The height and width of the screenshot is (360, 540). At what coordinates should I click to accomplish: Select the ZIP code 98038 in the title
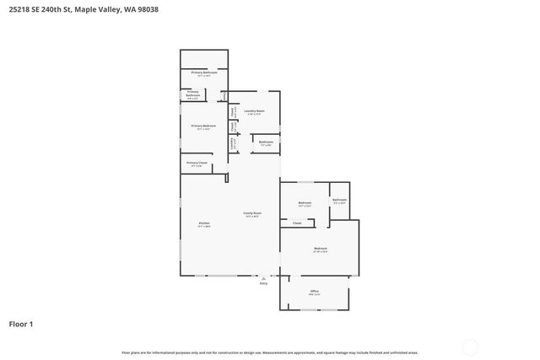click(x=145, y=9)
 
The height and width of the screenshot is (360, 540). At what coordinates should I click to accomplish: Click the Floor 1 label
click(x=21, y=324)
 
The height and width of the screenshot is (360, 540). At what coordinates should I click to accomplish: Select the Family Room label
click(x=253, y=214)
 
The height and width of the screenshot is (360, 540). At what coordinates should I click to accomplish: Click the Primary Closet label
click(x=197, y=164)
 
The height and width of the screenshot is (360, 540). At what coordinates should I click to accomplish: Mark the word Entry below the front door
click(x=263, y=283)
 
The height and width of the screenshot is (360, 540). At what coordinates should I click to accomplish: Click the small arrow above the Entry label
click(x=263, y=277)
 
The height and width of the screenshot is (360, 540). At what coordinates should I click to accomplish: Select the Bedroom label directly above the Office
click(x=321, y=250)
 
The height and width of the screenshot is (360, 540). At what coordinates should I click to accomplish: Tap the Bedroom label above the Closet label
click(x=305, y=203)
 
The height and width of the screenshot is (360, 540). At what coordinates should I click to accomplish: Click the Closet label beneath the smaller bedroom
click(x=296, y=223)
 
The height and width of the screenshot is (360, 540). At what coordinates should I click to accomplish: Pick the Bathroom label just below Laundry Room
click(x=266, y=142)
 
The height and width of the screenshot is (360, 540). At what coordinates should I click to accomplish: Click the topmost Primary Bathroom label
click(x=203, y=73)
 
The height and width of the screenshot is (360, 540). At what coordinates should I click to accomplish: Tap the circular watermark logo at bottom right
click(x=470, y=347)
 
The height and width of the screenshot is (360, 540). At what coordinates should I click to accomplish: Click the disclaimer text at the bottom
click(x=269, y=352)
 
